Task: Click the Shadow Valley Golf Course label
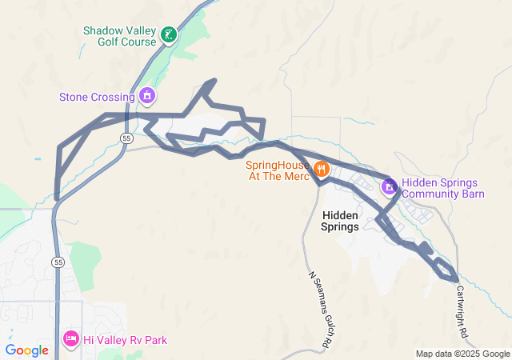119,36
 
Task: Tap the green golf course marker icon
168,34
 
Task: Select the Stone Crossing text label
96,98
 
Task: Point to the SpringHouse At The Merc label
277,170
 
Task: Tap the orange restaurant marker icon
321,168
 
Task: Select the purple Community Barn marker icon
390,187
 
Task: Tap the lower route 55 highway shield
58,262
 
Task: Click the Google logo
26,350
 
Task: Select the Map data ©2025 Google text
462,354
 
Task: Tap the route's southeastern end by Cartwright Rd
457,280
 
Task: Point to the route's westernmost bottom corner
57,198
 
